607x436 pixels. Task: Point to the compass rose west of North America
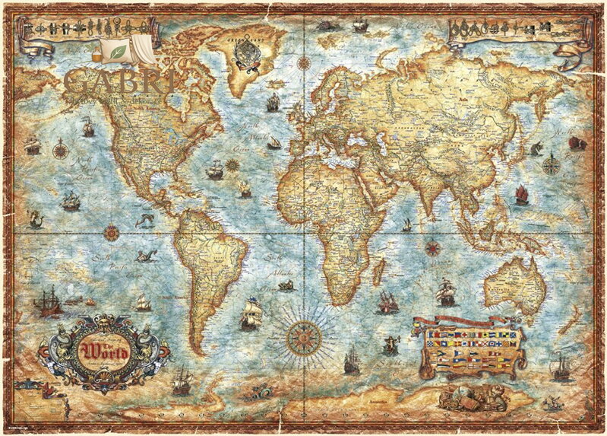(x=59, y=148)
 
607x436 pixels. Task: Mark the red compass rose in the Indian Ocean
(x=433, y=247)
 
